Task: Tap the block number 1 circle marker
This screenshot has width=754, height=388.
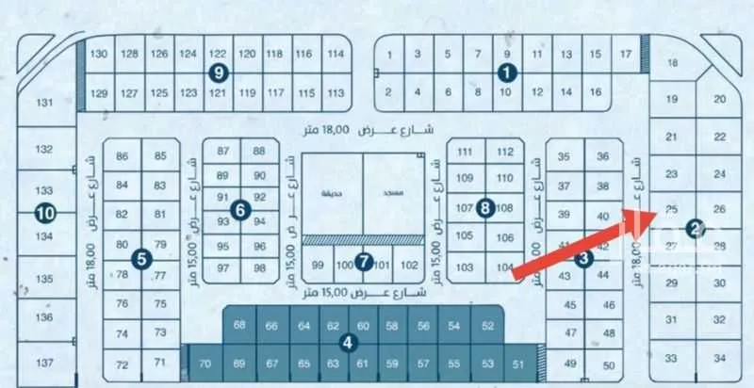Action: point(508,71)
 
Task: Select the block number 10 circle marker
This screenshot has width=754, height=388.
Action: point(43,213)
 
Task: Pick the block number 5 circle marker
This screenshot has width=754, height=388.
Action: point(139,256)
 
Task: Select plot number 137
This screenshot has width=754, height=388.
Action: point(44,363)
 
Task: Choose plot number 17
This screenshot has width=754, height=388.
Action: point(627,54)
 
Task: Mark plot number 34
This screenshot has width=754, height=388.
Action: point(720,359)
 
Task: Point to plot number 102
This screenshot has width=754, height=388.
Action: point(409,265)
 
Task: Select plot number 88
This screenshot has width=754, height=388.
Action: point(259,151)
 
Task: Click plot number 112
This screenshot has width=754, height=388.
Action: point(505,152)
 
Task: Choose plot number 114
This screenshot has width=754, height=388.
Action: point(335,54)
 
